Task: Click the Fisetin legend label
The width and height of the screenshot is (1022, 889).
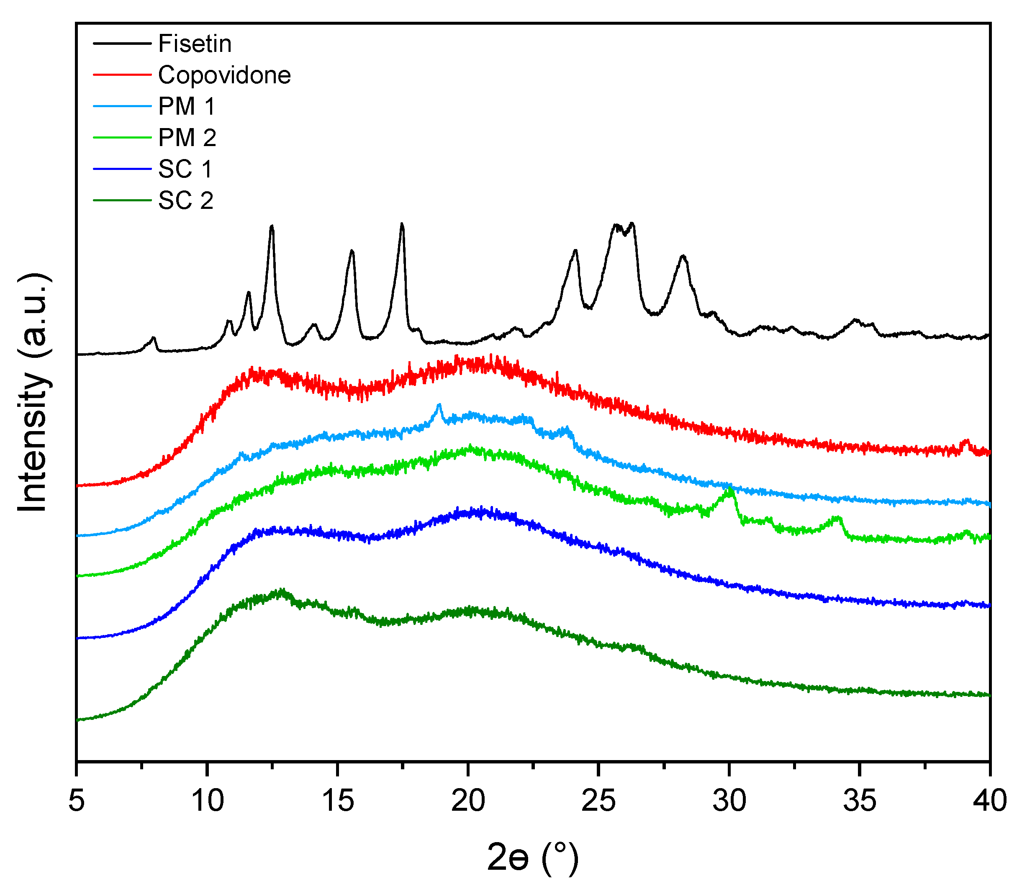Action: (x=195, y=44)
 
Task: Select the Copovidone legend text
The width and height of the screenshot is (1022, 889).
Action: (x=224, y=75)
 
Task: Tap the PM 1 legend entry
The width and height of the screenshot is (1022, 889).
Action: (x=187, y=106)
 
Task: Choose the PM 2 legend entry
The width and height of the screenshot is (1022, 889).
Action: (x=187, y=137)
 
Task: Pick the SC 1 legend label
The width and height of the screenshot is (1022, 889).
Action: (x=185, y=169)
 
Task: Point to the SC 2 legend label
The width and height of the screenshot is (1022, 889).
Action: (x=185, y=200)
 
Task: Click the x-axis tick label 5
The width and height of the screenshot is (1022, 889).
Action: (x=77, y=800)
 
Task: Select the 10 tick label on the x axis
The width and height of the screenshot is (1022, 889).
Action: (x=208, y=800)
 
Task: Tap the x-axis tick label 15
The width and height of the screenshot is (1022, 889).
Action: (x=338, y=800)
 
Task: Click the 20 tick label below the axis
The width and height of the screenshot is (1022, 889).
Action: (x=468, y=800)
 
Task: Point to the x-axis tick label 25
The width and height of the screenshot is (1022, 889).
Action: (x=599, y=800)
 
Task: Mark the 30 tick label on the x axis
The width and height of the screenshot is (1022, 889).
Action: (x=729, y=800)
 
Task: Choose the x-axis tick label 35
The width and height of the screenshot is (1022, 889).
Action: (x=860, y=800)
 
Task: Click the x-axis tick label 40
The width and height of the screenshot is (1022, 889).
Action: (x=990, y=800)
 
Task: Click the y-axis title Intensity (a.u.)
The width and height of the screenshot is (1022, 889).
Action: (x=34, y=392)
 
